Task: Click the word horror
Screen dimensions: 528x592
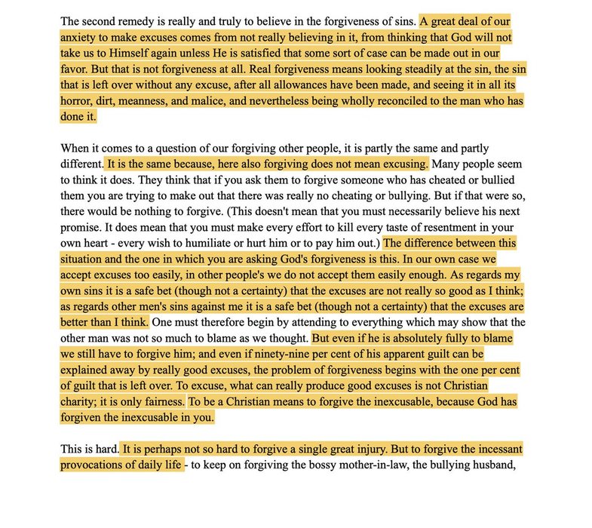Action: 81,101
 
